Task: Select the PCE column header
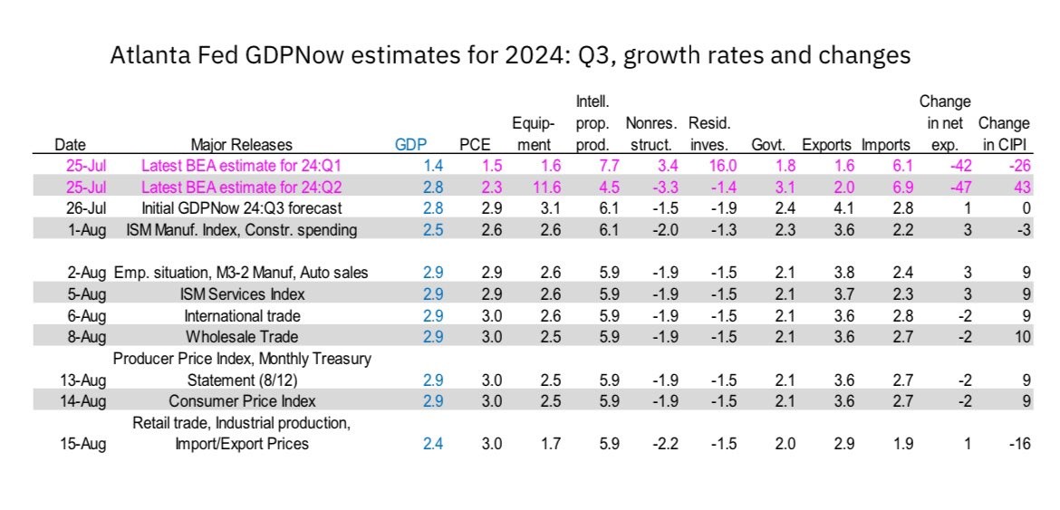[x=475, y=145]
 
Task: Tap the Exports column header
[x=826, y=145]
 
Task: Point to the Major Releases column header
[x=242, y=145]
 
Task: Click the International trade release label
[x=242, y=316]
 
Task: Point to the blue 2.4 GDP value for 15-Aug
[x=433, y=444]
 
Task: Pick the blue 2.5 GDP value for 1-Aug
[x=433, y=230]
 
